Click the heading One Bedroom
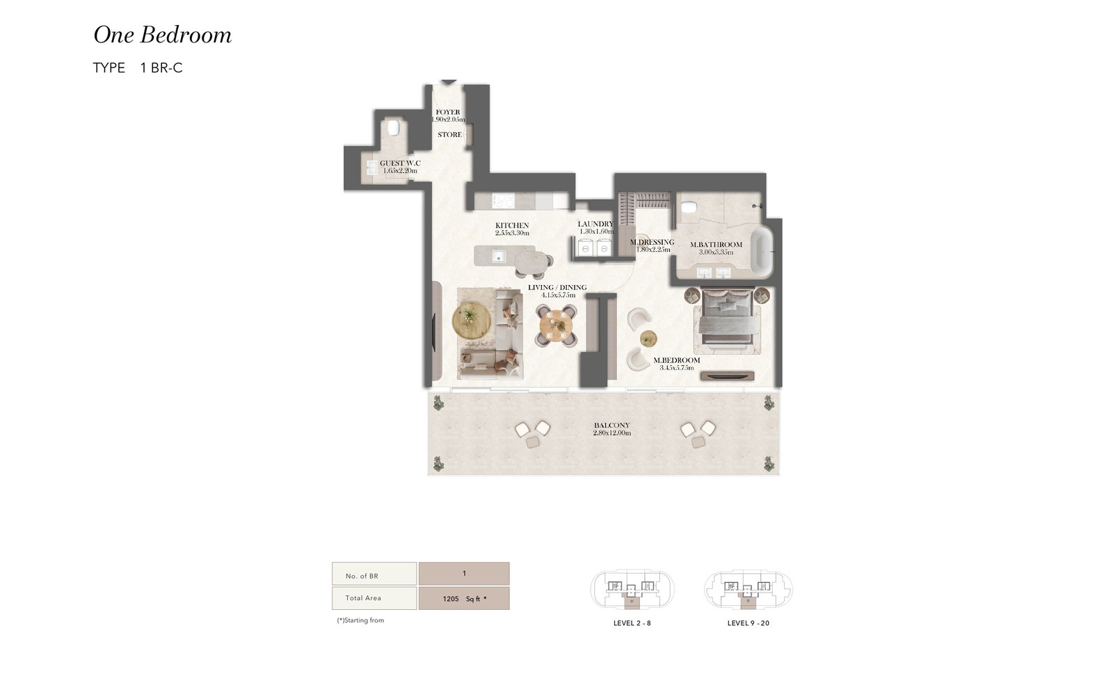coord(163,35)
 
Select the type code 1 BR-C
coord(161,67)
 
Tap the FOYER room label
coord(448,112)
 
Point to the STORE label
coord(449,135)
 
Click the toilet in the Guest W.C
coord(394,127)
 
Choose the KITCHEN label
coord(512,225)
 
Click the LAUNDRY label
coord(595,224)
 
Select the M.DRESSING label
coord(652,242)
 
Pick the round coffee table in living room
coord(472,321)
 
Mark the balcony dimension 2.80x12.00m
coord(611,433)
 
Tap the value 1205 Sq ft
coord(464,599)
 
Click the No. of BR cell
coord(374,574)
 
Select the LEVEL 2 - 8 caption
coord(632,623)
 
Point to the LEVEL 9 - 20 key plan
coord(748,590)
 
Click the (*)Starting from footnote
coord(360,620)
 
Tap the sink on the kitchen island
coord(499,257)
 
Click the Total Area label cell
coord(374,598)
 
